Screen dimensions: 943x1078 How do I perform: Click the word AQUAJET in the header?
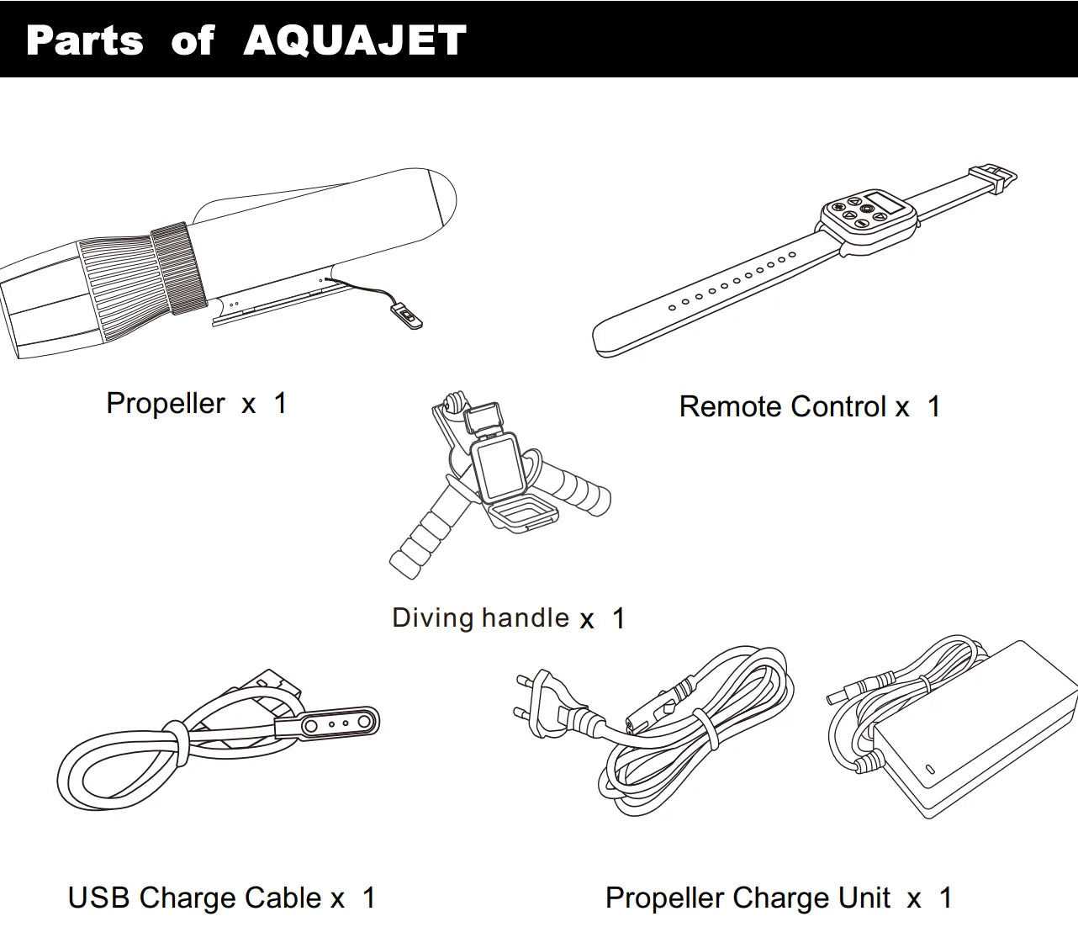[355, 40]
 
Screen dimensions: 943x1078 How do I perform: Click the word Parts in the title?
[85, 40]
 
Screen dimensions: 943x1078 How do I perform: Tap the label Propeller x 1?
[197, 404]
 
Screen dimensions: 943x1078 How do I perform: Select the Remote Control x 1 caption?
[809, 407]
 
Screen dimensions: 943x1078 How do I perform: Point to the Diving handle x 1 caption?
[508, 618]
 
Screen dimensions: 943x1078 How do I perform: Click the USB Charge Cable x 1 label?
[221, 898]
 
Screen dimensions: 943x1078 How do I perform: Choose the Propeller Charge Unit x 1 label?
[778, 898]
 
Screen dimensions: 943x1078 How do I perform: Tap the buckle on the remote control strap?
[992, 177]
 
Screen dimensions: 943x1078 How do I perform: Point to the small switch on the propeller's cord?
[409, 317]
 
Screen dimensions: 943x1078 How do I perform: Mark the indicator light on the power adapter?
[931, 769]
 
